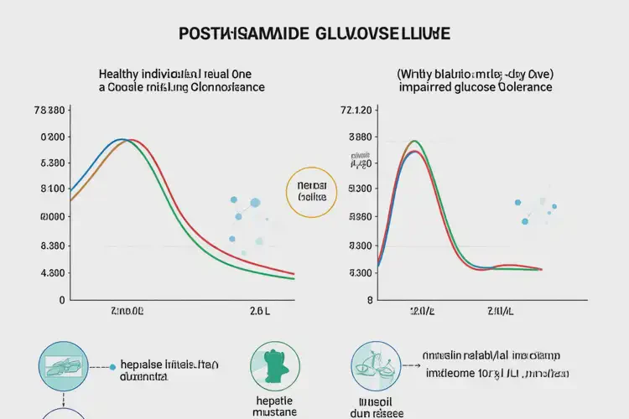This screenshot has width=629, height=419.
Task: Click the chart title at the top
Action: tap(314, 34)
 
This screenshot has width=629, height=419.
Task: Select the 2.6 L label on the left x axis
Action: tap(261, 311)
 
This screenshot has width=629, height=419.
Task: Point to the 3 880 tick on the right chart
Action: tap(358, 137)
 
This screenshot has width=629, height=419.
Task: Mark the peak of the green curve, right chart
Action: tap(414, 141)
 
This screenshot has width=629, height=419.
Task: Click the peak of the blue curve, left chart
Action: tap(121, 139)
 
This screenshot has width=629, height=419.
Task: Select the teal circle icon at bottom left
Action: tap(63, 366)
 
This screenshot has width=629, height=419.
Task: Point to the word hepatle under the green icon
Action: tap(273, 401)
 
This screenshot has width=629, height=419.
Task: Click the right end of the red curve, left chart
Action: tap(294, 274)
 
